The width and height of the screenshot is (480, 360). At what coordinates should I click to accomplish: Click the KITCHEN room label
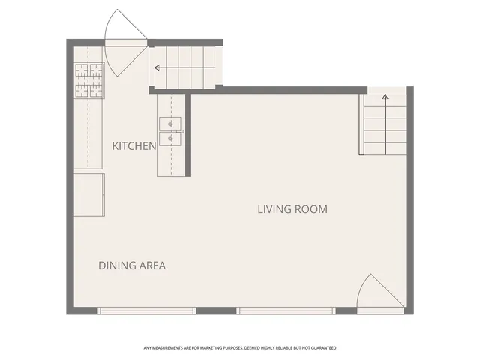click(134, 145)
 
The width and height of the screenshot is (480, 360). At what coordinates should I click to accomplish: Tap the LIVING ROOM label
click(292, 209)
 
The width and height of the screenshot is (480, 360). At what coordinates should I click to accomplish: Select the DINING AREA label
click(132, 265)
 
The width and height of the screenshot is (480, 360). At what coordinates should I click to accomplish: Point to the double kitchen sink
click(170, 130)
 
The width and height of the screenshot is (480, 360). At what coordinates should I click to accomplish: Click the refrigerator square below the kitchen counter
click(88, 195)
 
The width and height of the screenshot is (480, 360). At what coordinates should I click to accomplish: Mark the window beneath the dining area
click(146, 310)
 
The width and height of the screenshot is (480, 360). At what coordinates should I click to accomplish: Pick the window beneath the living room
click(286, 310)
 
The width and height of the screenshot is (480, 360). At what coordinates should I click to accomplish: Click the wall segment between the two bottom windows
click(217, 310)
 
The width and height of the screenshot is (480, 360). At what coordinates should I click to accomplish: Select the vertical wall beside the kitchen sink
click(187, 133)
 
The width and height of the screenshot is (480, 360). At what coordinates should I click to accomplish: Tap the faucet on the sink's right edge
click(181, 131)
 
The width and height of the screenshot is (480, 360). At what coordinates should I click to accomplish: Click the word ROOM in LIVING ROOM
click(313, 209)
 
